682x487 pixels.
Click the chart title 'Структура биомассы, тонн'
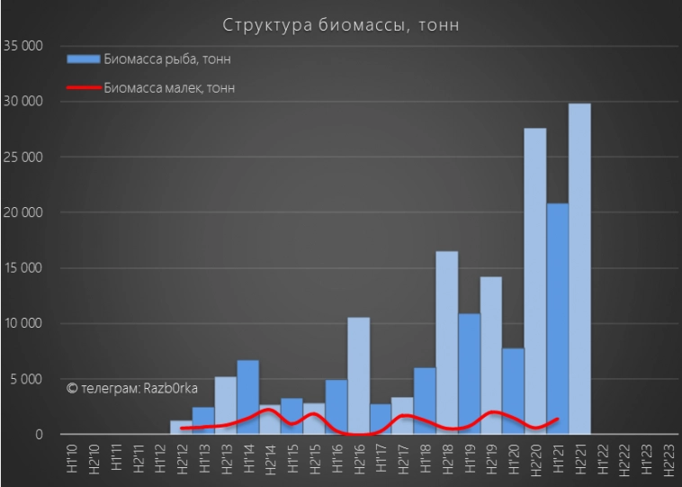coord(341,24)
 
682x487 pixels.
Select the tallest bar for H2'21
coord(579,270)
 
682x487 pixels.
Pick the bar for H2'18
coord(447,342)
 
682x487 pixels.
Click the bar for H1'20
coord(513,392)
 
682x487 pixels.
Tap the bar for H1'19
coord(469,374)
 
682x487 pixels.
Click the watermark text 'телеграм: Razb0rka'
coord(132,387)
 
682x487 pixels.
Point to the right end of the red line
coord(559,418)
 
